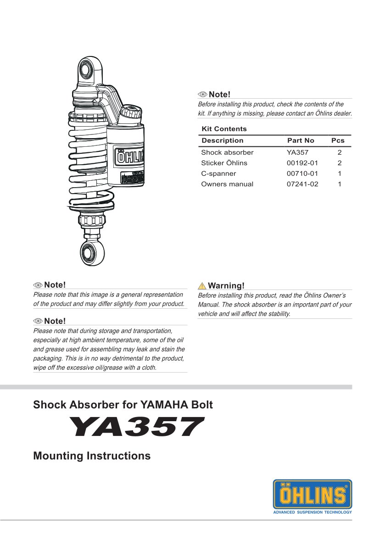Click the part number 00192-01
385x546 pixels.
(302, 163)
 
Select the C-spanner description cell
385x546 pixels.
(218, 173)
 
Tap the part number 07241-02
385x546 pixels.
(302, 184)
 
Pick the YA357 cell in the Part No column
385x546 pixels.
(297, 152)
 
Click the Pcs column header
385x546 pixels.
(338, 140)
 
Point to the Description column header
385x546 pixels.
(223, 140)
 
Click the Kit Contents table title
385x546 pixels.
(224, 129)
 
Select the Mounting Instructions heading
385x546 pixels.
(92, 456)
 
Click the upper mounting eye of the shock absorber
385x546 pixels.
(86, 70)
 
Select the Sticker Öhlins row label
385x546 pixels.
(224, 163)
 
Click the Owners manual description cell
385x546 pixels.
(227, 184)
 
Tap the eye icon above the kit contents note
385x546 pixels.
(202, 95)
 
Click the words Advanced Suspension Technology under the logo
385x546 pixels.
(312, 512)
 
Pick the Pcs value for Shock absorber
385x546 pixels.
(340, 152)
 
